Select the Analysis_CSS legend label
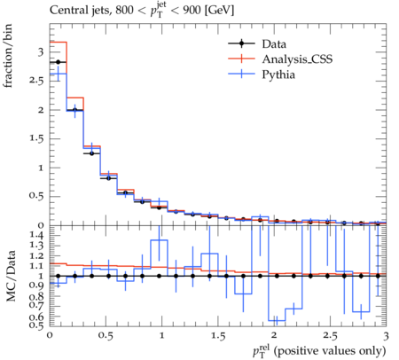click(x=297, y=59)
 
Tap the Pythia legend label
click(x=278, y=74)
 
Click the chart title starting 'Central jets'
click(x=142, y=11)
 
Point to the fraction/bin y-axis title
click(x=8, y=56)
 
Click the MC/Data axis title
click(x=11, y=276)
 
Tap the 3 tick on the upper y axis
click(x=41, y=52)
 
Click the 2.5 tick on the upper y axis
click(x=36, y=81)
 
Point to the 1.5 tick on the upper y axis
click(x=36, y=138)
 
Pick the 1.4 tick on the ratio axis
click(x=36, y=235)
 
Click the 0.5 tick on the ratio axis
click(x=36, y=325)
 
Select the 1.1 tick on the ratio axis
click(x=36, y=266)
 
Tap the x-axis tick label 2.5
click(x=330, y=336)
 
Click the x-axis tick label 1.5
click(x=218, y=336)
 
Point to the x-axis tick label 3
click(x=386, y=336)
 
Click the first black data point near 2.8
click(x=58, y=62)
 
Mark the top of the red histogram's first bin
click(x=59, y=42)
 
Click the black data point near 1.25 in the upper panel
click(x=91, y=153)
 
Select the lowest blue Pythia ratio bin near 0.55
click(x=277, y=320)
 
